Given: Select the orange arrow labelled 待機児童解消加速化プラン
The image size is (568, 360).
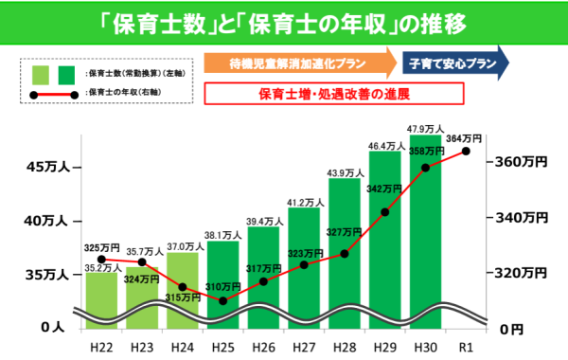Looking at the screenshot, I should (298, 63).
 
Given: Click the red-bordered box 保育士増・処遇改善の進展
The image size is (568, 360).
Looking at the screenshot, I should (332, 94).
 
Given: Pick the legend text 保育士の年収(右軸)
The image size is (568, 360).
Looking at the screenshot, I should (123, 94).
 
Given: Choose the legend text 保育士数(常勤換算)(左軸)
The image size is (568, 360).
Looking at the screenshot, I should (133, 73).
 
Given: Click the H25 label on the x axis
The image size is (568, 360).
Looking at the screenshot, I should (222, 347).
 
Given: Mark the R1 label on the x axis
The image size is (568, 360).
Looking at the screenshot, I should (466, 347).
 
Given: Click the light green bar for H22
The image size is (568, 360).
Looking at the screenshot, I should (101, 294).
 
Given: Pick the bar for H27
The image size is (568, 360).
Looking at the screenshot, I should (304, 265).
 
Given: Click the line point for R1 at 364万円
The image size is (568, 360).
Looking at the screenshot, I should (466, 152).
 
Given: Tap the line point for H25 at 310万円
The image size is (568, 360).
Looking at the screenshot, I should (222, 301).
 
